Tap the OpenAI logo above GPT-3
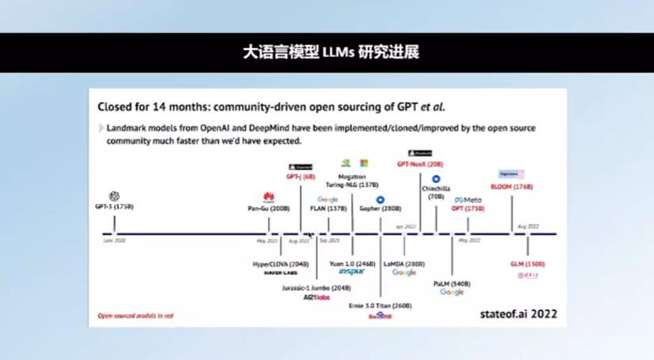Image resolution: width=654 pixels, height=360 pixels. coord(115,197)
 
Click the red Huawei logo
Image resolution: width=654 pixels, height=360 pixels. coord(269,197)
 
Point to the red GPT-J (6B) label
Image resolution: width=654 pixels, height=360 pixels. coord(301,176)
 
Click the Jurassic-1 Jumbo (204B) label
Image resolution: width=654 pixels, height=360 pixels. coord(316,288)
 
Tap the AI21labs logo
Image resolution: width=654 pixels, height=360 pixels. coord(316,298)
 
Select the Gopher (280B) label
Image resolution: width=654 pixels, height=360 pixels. coord(381,209)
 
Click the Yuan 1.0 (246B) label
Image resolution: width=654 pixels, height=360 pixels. coord(352,263)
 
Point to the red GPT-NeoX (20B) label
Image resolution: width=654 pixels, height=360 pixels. coord(420,163)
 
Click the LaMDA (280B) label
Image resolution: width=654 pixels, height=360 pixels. coord(404,263)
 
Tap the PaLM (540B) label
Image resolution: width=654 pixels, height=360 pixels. coord(452,283)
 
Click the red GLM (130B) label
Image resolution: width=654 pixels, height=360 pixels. coord(528,263)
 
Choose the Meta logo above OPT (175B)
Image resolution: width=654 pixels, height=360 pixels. coord(469,200)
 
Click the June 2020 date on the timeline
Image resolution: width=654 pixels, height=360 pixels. coord(114,239)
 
